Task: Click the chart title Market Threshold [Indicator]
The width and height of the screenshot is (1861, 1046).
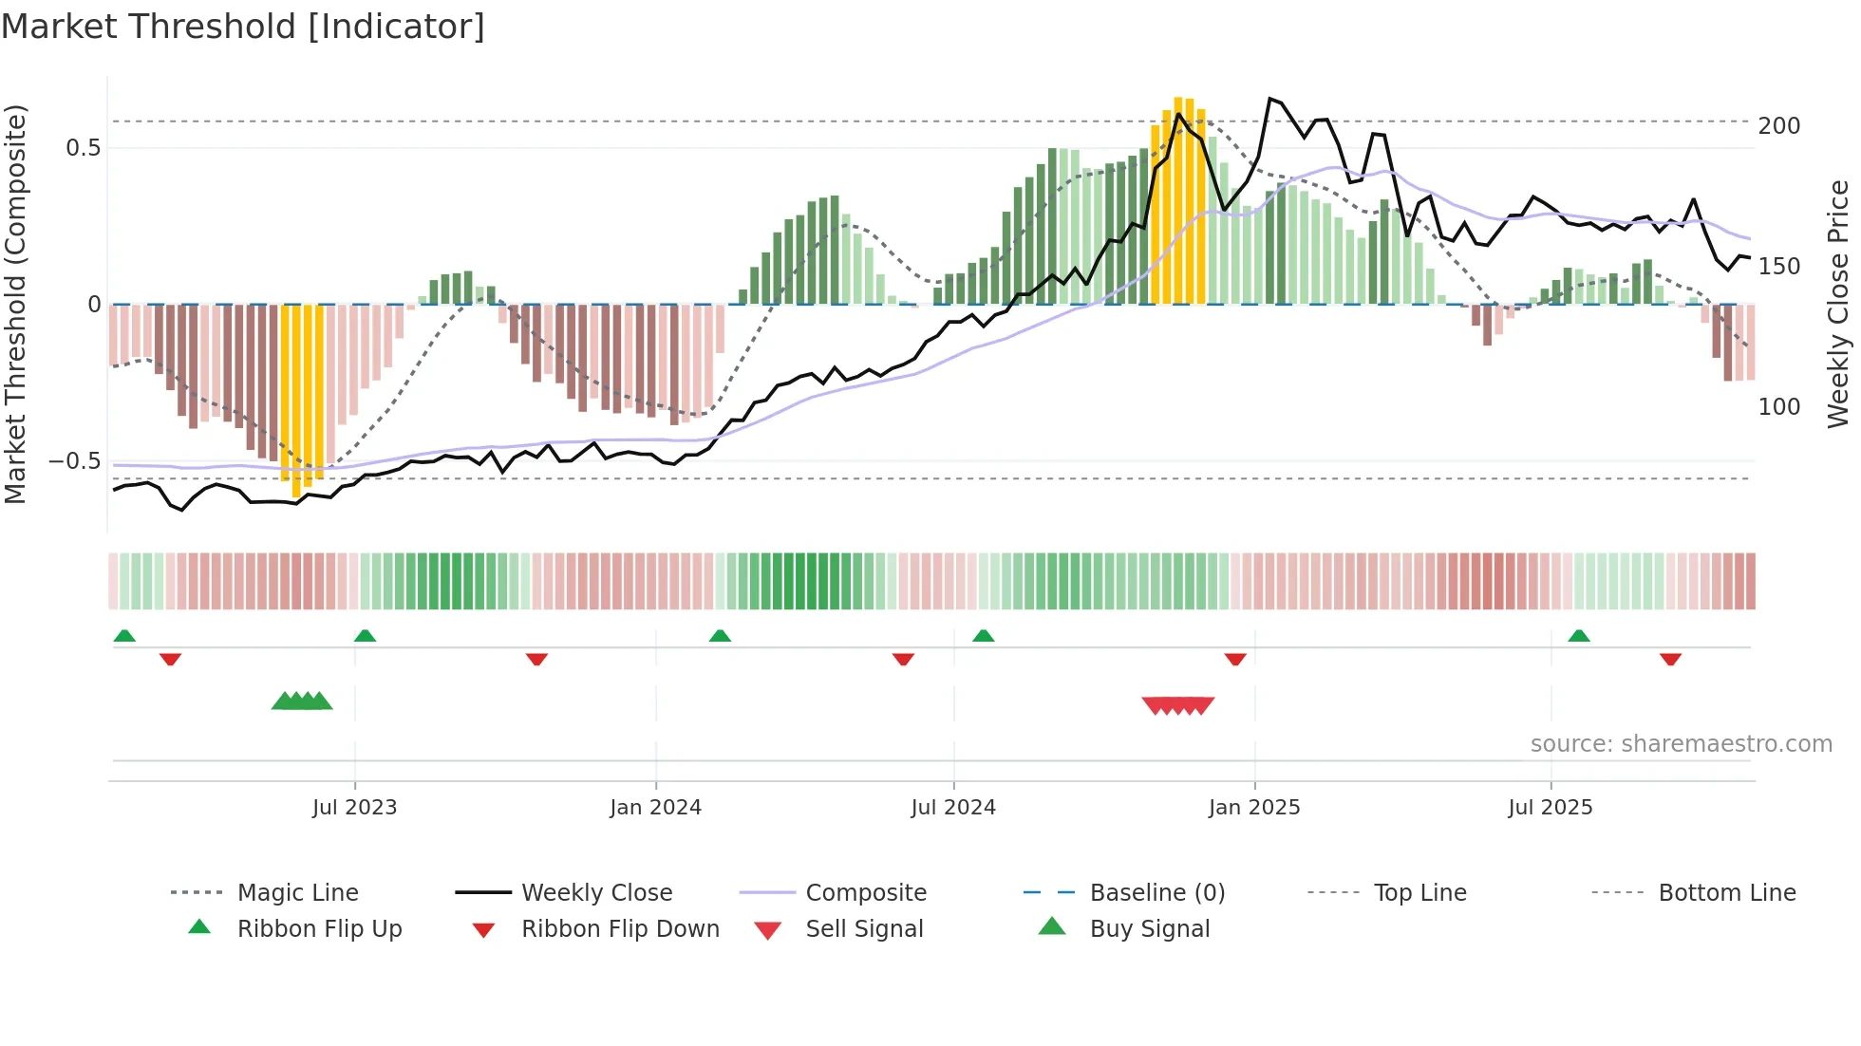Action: point(243,27)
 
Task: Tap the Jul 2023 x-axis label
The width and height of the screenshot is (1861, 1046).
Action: point(354,808)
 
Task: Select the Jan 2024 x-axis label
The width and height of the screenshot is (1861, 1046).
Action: point(655,808)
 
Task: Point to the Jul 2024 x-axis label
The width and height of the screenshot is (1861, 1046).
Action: point(953,808)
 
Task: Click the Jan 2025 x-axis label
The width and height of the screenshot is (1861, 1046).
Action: point(1254,808)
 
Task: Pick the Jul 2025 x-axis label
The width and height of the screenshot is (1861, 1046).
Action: point(1551,808)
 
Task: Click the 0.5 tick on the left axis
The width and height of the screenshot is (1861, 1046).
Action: point(84,148)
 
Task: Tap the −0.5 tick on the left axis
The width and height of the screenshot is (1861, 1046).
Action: point(75,461)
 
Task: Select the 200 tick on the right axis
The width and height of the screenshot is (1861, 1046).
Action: point(1779,126)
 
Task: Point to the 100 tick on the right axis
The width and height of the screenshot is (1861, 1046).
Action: point(1779,407)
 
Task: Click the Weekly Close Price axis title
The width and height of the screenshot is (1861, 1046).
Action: point(1839,304)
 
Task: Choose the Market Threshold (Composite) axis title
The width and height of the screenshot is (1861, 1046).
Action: point(15,304)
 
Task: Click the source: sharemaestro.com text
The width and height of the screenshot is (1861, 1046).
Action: point(1681,744)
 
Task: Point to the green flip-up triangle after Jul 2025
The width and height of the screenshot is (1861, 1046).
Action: point(1579,636)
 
